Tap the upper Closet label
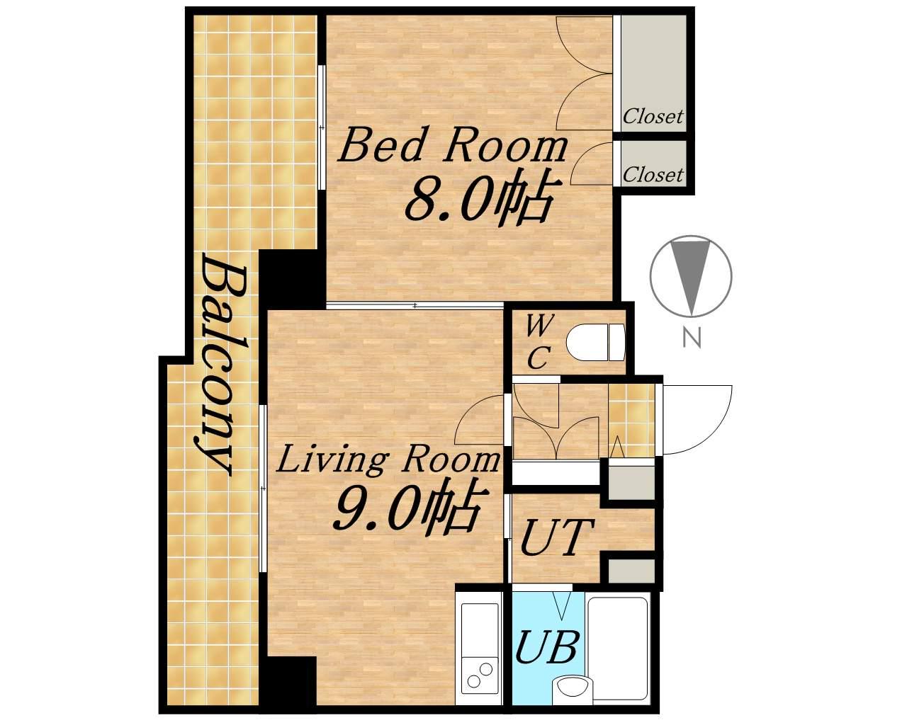pyautogui.click(x=653, y=116)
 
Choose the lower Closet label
pyautogui.click(x=653, y=174)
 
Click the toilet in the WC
pyautogui.click(x=595, y=342)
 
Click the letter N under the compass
pyautogui.click(x=692, y=338)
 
